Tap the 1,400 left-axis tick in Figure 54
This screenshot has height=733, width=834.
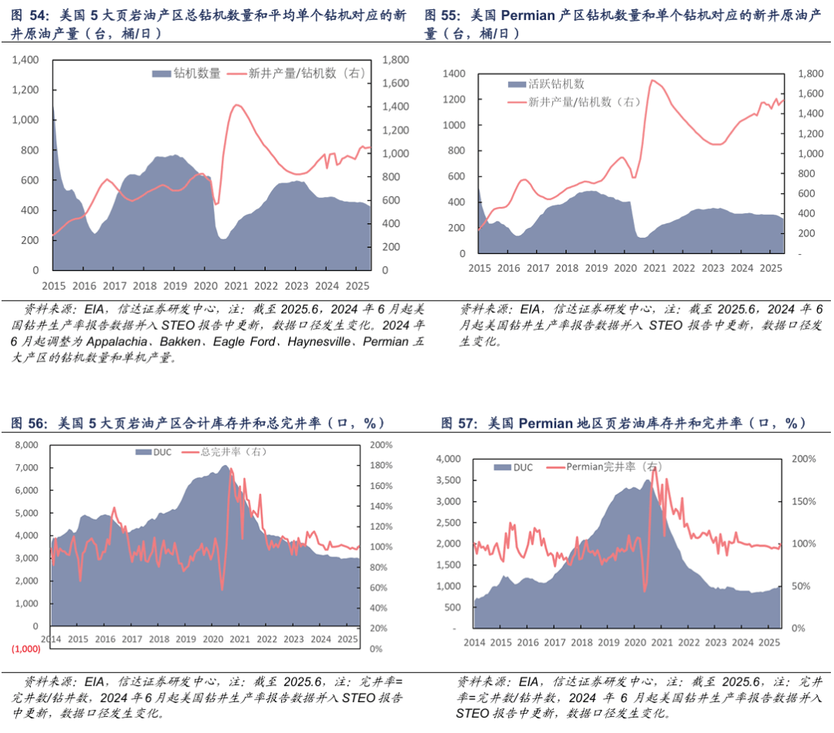click(x=26, y=60)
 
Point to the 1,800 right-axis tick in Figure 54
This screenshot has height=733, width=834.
click(x=396, y=60)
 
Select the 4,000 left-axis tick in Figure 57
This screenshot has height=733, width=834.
click(x=449, y=458)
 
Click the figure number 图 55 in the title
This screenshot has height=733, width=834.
click(x=441, y=15)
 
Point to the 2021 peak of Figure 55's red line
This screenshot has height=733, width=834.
click(x=653, y=80)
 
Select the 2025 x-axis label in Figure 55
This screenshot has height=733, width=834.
click(x=769, y=268)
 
